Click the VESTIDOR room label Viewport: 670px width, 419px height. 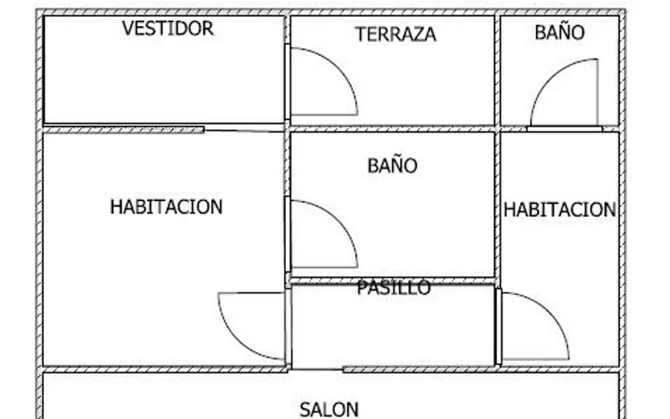click(x=167, y=28)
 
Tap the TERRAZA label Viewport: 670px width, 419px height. click(x=395, y=34)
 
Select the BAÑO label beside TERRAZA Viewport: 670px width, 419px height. click(x=559, y=32)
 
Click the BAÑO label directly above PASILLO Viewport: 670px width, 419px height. click(x=393, y=165)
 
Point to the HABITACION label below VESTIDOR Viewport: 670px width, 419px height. click(x=167, y=207)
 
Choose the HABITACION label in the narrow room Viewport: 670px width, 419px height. click(x=560, y=209)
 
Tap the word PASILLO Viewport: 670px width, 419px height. click(x=394, y=288)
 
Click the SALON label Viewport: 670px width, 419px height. click(x=329, y=410)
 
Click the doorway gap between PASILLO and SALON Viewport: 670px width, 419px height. click(x=316, y=369)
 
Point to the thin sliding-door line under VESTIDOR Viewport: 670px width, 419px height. click(x=244, y=130)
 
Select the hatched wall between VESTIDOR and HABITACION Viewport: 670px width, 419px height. click(x=124, y=130)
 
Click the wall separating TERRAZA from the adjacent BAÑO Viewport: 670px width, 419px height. click(x=497, y=71)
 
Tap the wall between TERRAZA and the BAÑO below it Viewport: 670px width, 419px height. click(x=393, y=129)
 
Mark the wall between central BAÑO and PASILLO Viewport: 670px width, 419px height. click(x=393, y=281)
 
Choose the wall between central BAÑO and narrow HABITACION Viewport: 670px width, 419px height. click(x=497, y=204)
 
